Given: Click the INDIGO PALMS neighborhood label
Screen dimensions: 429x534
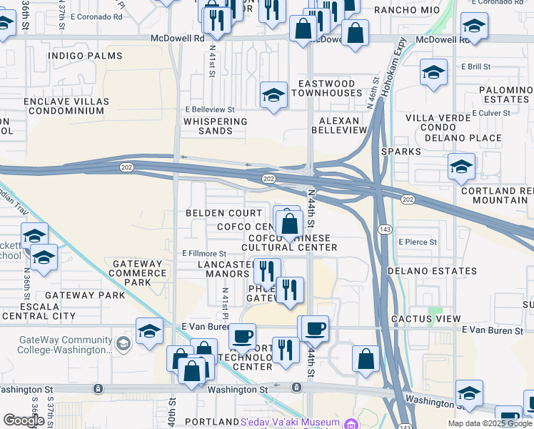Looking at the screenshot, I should coord(76,55).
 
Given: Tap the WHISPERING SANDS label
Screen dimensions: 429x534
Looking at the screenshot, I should coord(215,127).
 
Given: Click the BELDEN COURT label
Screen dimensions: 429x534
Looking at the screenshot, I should coord(223,213).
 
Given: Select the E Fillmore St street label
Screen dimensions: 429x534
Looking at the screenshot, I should coord(204,253).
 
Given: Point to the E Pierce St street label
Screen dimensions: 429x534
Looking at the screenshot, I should coord(418,242).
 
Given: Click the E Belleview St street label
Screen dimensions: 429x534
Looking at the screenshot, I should coord(210,109).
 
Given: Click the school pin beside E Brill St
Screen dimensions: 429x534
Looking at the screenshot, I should coord(433,73).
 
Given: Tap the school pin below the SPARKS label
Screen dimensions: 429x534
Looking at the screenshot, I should coord(461,167).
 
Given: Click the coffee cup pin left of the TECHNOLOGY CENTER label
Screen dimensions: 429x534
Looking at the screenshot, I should coord(242,336).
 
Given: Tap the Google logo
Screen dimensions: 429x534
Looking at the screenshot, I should coord(24,420).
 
